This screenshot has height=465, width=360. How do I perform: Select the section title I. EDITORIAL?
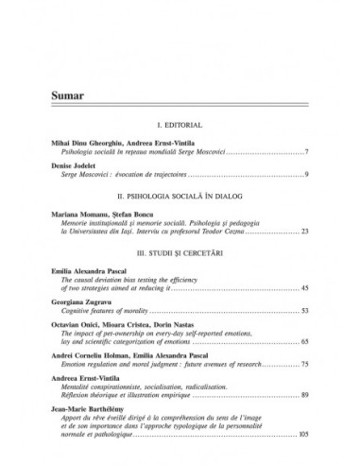point(180,124)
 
